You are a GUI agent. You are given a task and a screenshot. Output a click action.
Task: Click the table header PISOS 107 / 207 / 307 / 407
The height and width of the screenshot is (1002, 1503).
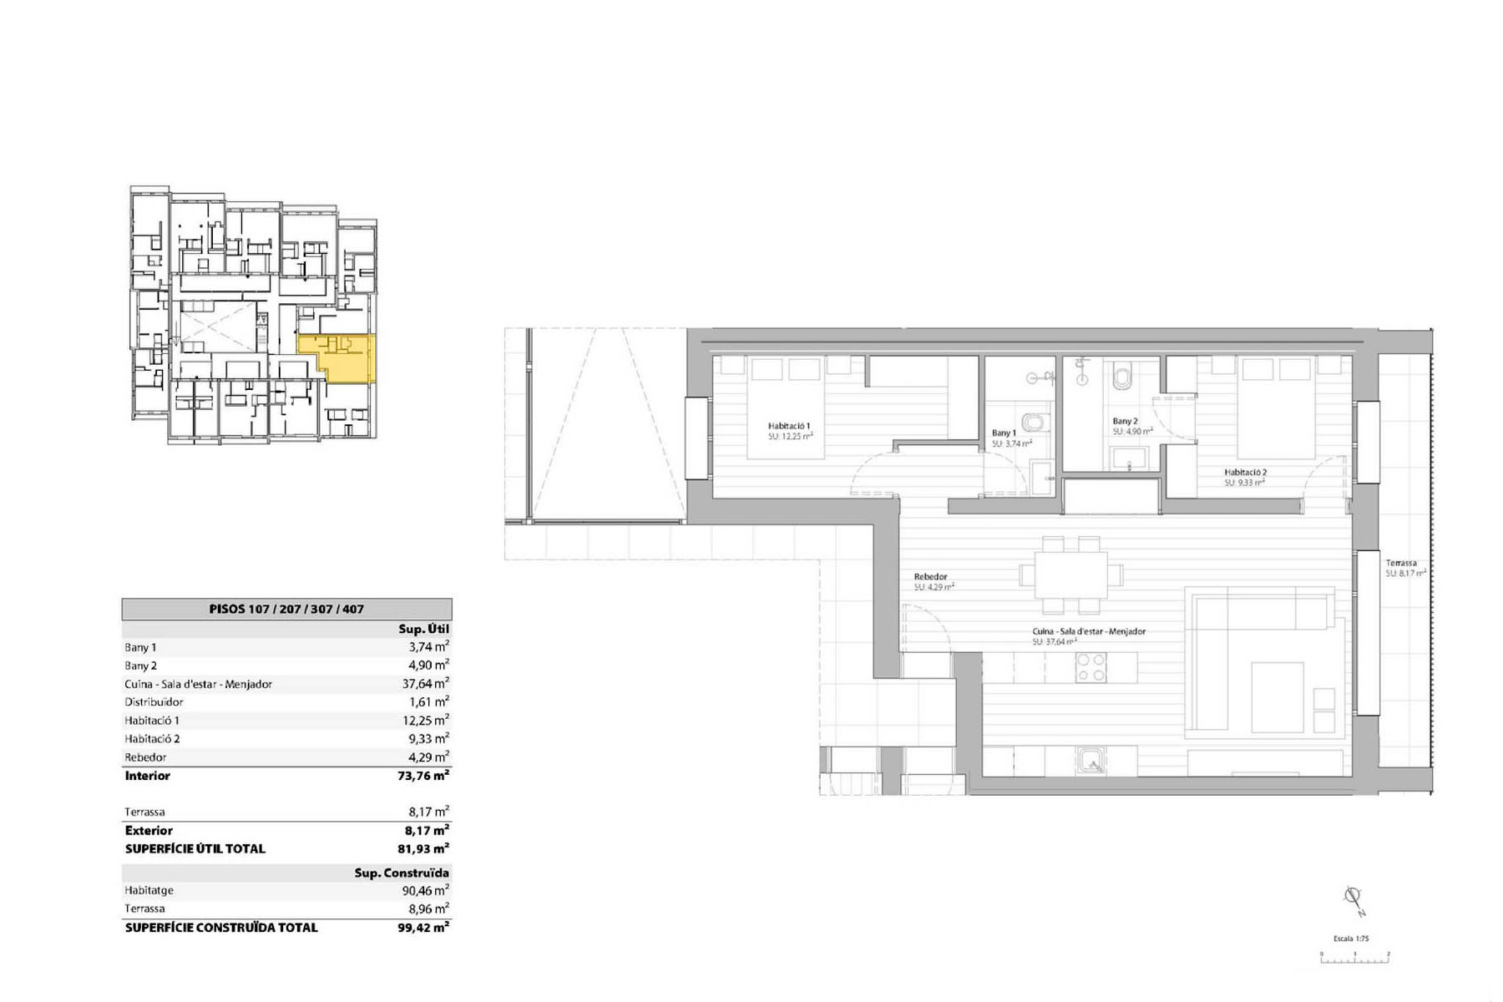(286, 610)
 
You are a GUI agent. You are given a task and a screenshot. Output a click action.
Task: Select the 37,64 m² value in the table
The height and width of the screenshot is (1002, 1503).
(425, 684)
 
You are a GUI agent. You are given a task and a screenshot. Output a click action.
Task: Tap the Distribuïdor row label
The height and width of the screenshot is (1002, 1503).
(154, 702)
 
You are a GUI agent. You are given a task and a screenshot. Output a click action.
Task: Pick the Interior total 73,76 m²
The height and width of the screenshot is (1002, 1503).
(423, 776)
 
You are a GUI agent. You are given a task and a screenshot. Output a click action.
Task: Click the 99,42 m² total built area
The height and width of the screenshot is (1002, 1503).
(423, 927)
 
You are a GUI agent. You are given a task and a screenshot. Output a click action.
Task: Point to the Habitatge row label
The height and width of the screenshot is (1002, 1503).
(149, 891)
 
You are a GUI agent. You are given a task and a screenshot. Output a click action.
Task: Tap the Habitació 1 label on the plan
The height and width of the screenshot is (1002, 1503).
(788, 426)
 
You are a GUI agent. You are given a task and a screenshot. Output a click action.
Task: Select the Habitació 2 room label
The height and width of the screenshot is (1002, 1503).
(1245, 473)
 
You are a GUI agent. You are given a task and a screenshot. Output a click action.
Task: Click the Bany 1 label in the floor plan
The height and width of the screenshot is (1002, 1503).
(1004, 433)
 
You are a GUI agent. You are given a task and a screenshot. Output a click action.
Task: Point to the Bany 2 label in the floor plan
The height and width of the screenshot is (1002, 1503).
(1125, 422)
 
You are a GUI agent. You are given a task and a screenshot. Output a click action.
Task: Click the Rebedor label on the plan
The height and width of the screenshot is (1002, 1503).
(930, 577)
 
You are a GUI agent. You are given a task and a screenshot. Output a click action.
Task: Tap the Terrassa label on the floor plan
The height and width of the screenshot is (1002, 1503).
(1400, 563)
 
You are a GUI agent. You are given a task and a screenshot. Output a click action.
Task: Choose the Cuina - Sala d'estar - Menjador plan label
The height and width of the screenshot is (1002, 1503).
(1089, 632)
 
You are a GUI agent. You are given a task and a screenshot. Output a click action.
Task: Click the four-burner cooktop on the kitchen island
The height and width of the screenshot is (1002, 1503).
(1091, 667)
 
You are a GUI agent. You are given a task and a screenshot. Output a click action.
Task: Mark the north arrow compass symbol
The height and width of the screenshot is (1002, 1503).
(1353, 899)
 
